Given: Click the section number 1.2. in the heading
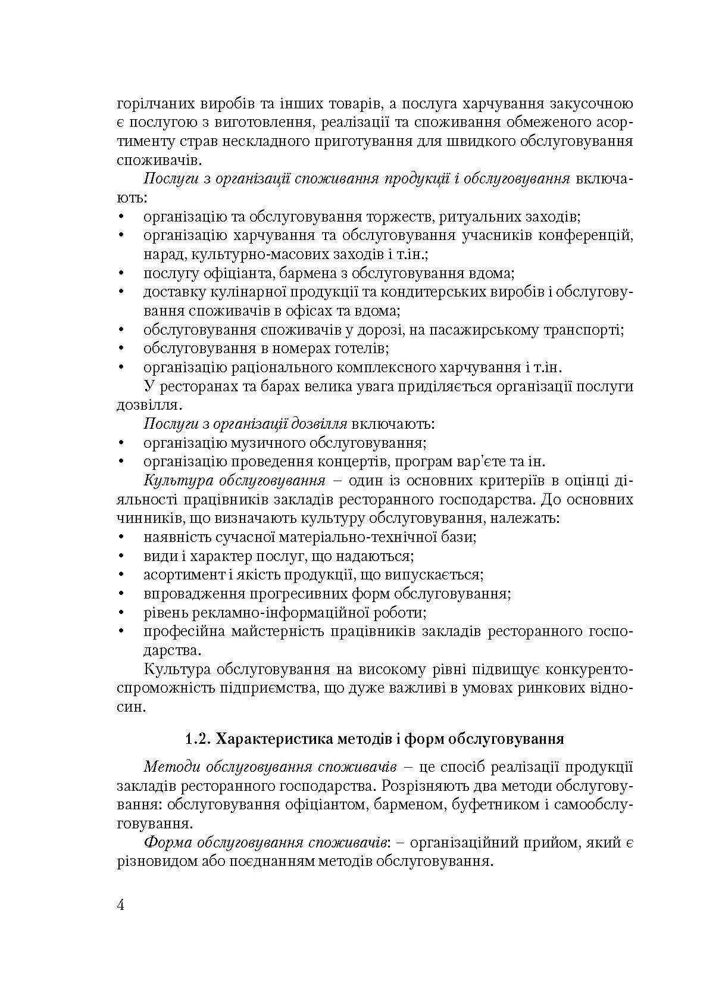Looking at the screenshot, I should [198, 740].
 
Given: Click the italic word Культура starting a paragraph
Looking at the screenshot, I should [173, 481].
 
